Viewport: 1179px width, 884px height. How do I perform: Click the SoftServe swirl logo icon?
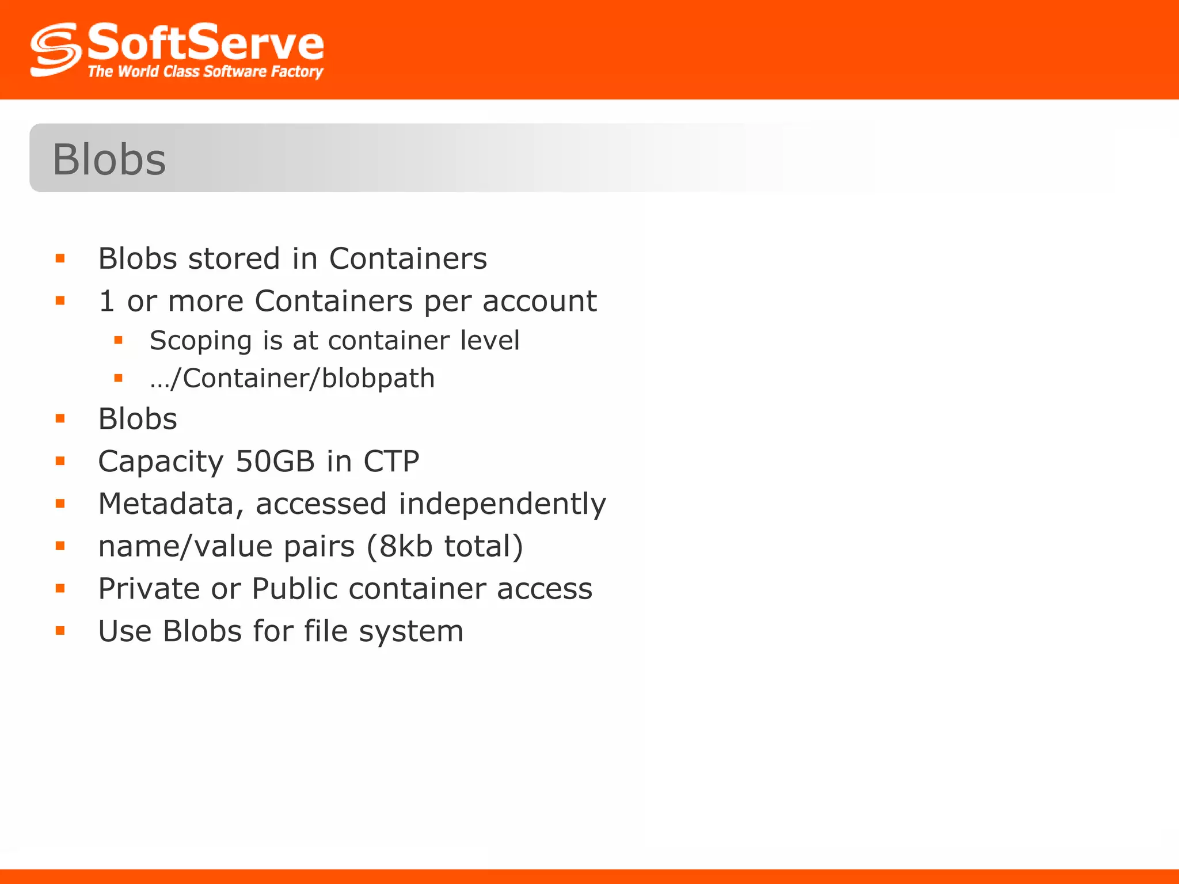point(55,49)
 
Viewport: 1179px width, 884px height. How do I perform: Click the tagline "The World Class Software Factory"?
point(205,72)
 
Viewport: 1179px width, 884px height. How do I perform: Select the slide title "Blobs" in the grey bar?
point(109,159)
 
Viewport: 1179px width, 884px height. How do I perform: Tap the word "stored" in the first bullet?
point(234,258)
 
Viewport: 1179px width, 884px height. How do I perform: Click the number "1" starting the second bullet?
point(107,301)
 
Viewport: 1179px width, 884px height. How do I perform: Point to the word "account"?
point(539,301)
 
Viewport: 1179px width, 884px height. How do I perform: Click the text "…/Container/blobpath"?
point(292,378)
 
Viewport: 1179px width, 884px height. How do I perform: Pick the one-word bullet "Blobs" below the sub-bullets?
point(138,418)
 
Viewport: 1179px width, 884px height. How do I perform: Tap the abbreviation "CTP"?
point(391,461)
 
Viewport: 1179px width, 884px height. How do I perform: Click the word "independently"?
point(502,504)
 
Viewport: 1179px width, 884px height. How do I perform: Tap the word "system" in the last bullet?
point(411,631)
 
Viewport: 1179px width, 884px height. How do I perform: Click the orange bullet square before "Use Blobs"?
point(60,631)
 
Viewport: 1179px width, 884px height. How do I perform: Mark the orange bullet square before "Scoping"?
point(119,340)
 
